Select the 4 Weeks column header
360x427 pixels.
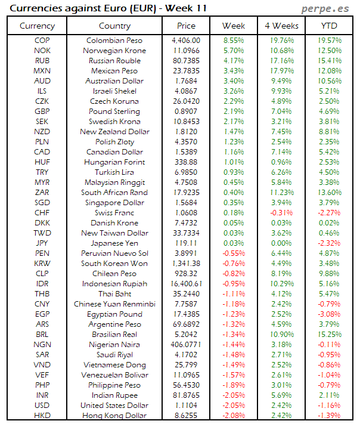pos(281,26)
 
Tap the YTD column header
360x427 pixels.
pos(329,26)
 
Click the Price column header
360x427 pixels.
pos(186,26)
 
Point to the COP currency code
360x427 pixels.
pos(42,41)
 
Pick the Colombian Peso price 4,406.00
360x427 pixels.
pos(186,41)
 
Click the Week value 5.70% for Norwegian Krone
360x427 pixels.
pos(233,51)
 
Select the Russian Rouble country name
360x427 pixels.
pos(114,61)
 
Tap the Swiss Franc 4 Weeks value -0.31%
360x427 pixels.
pos(281,213)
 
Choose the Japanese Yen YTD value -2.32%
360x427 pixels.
pos(329,243)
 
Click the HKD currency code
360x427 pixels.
pos(42,415)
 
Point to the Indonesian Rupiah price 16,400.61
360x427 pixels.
pos(186,284)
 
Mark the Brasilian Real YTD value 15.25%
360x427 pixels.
pos(329,335)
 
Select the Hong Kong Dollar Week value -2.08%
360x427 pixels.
pos(233,415)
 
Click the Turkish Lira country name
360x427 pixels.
pos(114,172)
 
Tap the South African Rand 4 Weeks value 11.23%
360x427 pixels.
pos(281,193)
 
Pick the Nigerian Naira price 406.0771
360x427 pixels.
pos(186,345)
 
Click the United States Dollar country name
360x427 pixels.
pos(114,405)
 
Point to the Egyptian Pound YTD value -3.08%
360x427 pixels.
pos(329,314)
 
